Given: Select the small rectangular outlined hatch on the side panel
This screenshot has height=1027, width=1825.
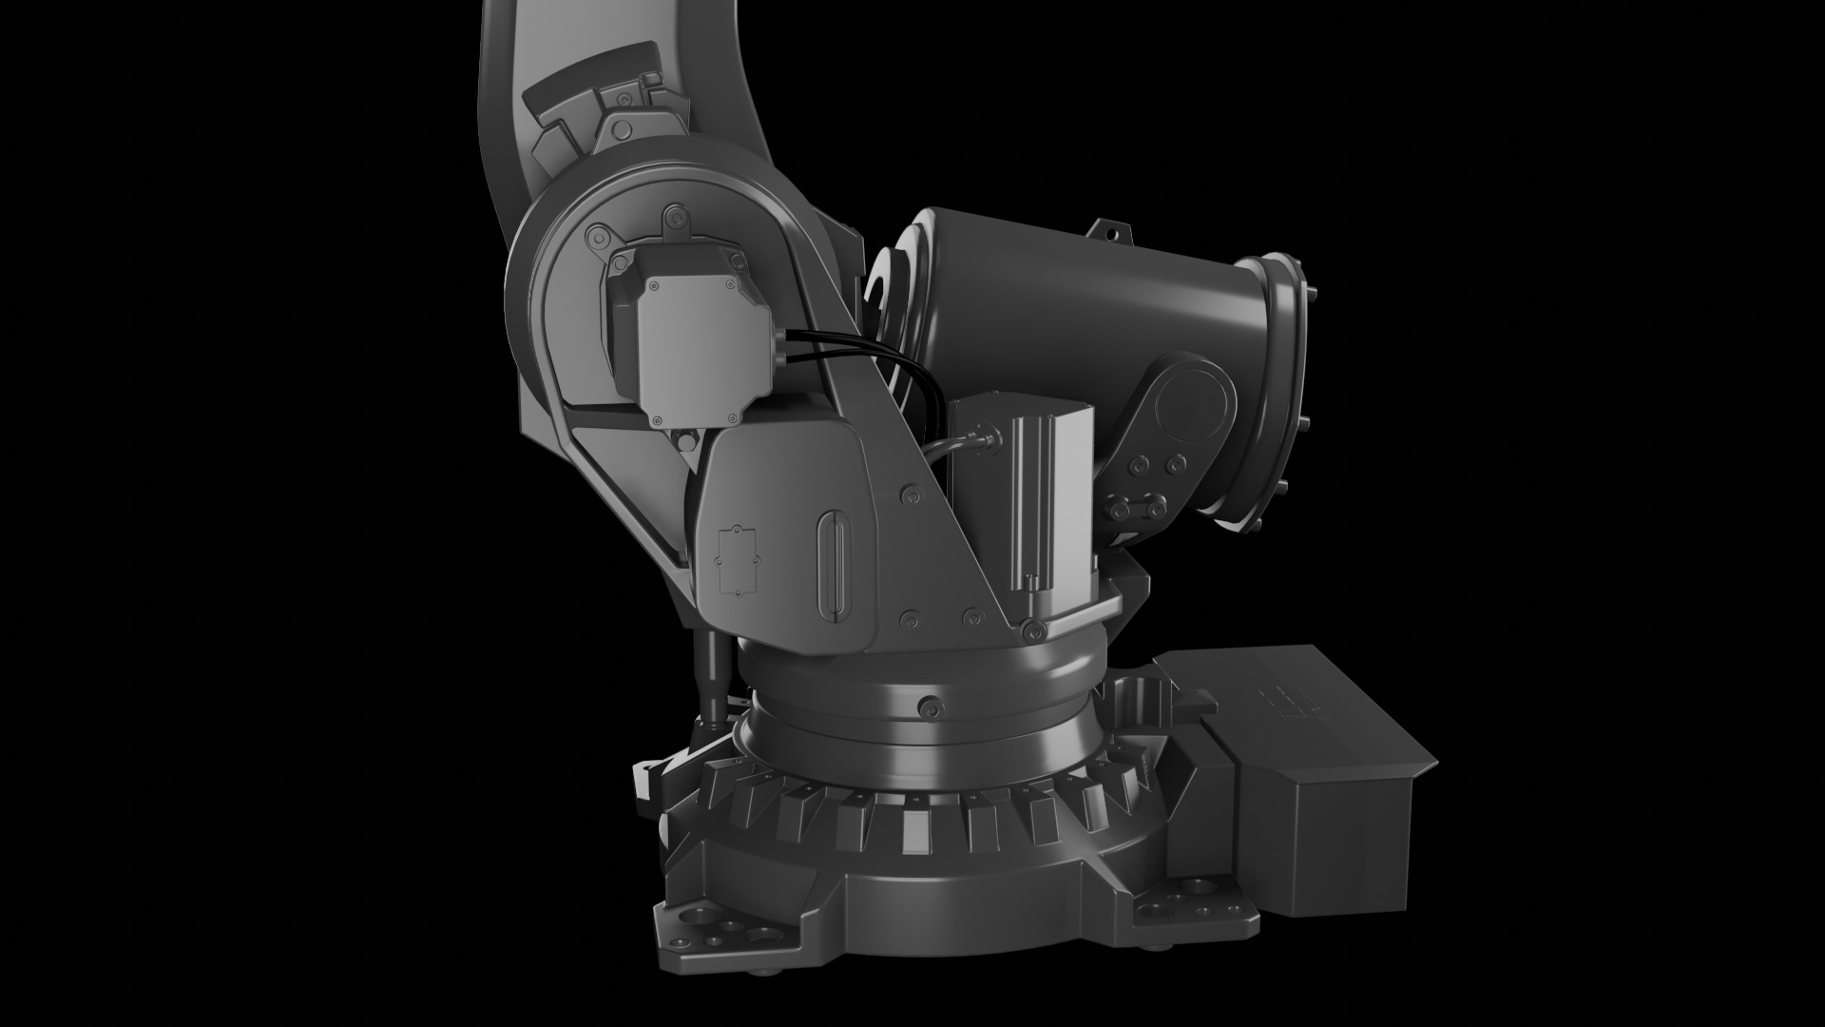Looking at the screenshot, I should pos(736,560).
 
